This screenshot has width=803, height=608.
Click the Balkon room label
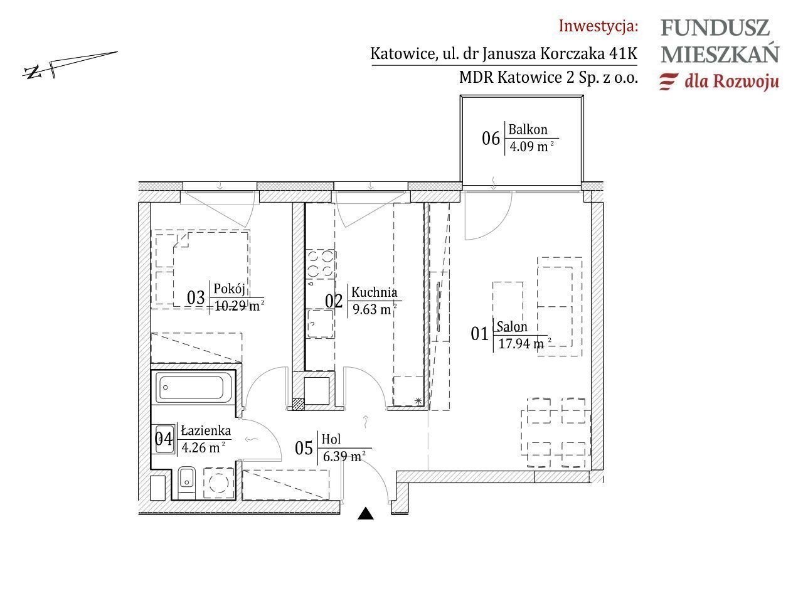pos(528,129)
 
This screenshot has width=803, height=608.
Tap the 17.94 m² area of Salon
pos(524,344)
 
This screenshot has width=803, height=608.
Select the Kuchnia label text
pos(375,292)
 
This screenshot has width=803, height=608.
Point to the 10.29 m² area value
pos(239,306)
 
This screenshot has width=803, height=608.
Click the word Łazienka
pos(206,430)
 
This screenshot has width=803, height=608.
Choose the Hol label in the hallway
pos(331,439)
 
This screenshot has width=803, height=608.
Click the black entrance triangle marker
pos(366,514)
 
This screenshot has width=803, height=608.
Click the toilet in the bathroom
pos(187,483)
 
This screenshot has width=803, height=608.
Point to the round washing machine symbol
pos(219,483)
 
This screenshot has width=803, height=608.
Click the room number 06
pos(491,138)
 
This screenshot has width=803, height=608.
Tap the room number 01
pos(480,334)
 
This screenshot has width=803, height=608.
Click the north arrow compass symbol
pos(70,65)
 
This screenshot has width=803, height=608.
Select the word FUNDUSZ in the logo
pos(715,28)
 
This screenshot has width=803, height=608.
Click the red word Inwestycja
pos(598,26)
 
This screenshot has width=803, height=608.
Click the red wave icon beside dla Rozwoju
pos(669,81)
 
